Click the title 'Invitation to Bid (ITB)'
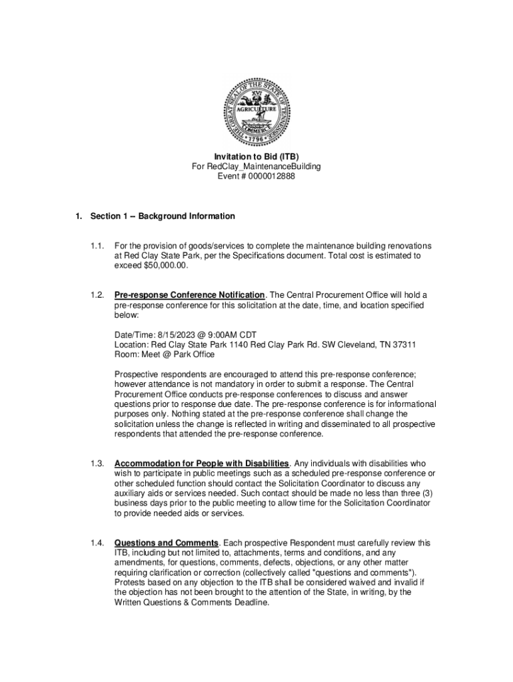(256, 157)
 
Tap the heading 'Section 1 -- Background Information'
(163, 216)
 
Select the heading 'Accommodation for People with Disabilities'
(201, 463)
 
